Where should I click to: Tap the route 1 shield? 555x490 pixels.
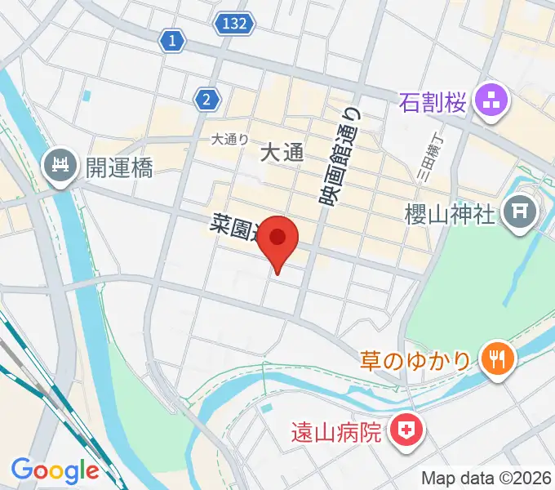coord(172,39)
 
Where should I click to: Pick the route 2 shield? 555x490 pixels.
coord(207,100)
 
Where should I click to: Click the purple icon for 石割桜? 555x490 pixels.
coord(491,102)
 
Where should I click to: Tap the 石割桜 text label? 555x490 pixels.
coord(433,103)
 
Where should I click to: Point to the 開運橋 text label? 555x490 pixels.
coord(119,169)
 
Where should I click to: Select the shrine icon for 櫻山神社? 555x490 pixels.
coord(519,215)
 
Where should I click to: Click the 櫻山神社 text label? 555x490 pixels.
coord(451,215)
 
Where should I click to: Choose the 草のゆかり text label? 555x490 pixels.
coord(416,359)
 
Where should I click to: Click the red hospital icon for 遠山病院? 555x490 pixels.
coord(405,431)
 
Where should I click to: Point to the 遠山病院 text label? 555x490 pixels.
coord(337,431)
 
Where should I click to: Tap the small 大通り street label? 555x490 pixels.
coord(229,140)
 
